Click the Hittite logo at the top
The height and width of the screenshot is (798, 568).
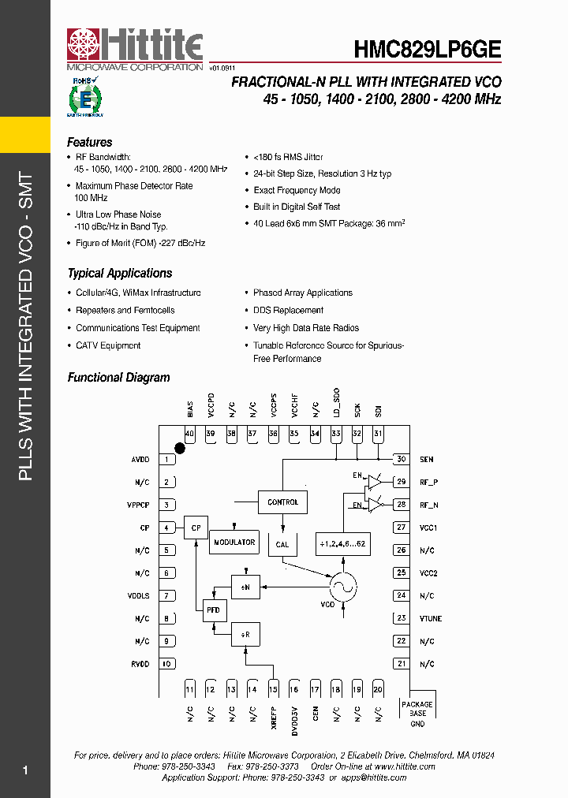pyautogui.click(x=134, y=49)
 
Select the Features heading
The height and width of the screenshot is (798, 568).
pyautogui.click(x=90, y=143)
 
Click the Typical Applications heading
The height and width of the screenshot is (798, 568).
pyautogui.click(x=120, y=274)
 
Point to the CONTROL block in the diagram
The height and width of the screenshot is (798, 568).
pyautogui.click(x=282, y=502)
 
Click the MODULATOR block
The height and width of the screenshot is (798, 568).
pyautogui.click(x=234, y=543)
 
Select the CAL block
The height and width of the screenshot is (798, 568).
pyautogui.click(x=282, y=544)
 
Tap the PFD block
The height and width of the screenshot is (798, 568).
pyautogui.click(x=214, y=610)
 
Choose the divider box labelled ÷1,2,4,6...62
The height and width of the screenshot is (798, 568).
pyautogui.click(x=343, y=544)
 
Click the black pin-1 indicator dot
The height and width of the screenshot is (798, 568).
pyautogui.click(x=180, y=448)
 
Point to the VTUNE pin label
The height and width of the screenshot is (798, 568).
pyautogui.click(x=430, y=619)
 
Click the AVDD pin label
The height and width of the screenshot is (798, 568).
pyautogui.click(x=140, y=460)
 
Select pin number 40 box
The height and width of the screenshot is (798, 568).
pyautogui.click(x=189, y=434)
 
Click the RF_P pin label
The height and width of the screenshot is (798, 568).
pyautogui.click(x=428, y=483)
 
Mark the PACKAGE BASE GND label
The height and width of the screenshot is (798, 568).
pyautogui.click(x=417, y=714)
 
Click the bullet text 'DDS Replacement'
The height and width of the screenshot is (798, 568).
pyautogui.click(x=288, y=311)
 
